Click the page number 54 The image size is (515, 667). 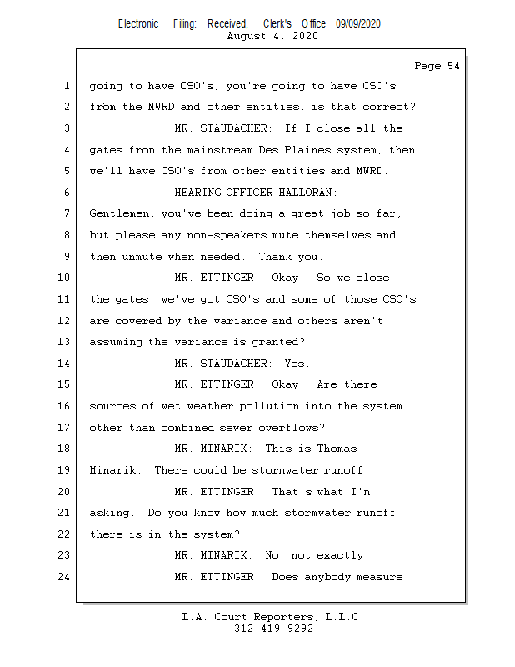click(453, 66)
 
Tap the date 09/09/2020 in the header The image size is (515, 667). click(358, 24)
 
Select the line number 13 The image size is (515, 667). click(63, 342)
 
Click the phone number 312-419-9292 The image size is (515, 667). click(273, 629)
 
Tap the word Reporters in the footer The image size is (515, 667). click(285, 617)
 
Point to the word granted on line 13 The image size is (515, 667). click(278, 342)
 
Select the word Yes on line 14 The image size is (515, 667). click(297, 364)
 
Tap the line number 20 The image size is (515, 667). click(63, 492)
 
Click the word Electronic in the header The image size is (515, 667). click(138, 24)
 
